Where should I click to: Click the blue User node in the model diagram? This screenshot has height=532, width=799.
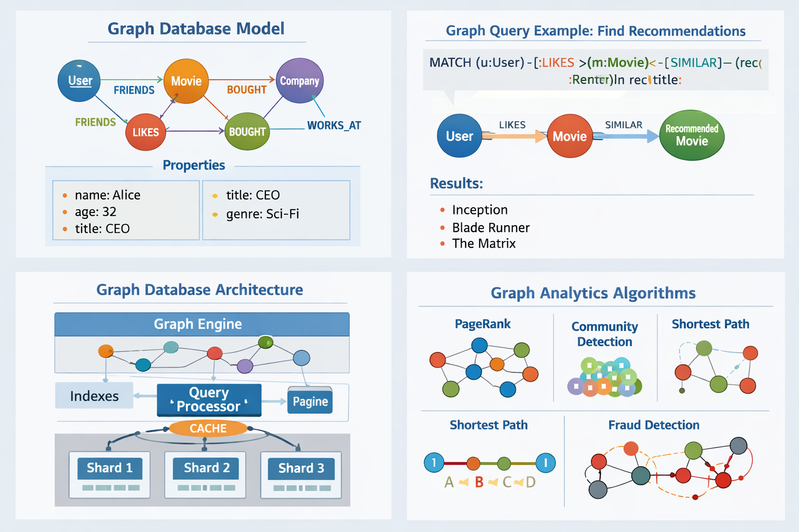pos(79,81)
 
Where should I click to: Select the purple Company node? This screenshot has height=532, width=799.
pos(300,81)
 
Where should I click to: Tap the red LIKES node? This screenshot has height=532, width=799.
pos(146,132)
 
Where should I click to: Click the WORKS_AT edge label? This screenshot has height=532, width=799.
pos(333,125)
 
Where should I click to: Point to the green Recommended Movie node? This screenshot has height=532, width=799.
pos(691,135)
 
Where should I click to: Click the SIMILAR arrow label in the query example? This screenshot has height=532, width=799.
pos(623,125)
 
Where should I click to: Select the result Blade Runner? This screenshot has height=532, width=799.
pos(491,228)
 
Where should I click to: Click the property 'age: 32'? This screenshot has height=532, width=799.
pos(95,211)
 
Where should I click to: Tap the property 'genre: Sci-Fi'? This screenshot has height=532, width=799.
pos(262,214)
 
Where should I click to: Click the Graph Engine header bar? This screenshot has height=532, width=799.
pos(202,324)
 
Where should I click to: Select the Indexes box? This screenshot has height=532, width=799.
pos(94,396)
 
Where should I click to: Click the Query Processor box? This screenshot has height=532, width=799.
pos(209,400)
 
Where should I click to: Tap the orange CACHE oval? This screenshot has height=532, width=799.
pos(208,428)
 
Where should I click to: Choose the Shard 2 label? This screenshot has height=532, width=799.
pos(207,468)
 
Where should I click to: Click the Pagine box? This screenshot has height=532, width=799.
pos(310,401)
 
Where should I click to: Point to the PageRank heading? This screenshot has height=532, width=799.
pos(482,324)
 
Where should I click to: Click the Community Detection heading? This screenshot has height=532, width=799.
pos(604,334)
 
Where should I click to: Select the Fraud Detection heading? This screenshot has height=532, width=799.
pos(653,425)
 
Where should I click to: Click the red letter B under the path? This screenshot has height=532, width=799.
pos(479,482)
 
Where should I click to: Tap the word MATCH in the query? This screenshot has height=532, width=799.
pos(450,63)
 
